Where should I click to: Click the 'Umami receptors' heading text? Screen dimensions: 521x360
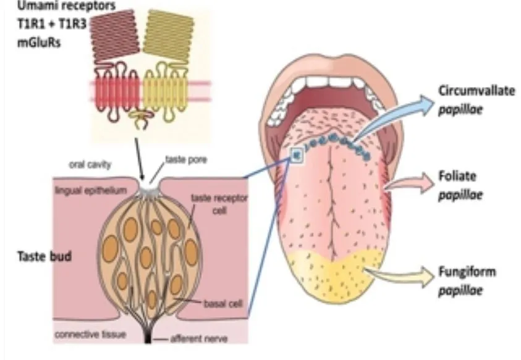(67, 6)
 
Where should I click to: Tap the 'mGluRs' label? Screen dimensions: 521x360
(39, 43)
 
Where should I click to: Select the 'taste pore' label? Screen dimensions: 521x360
(186, 160)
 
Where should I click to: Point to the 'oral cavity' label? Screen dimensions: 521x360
(90, 164)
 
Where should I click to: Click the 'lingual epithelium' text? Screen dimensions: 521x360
(91, 190)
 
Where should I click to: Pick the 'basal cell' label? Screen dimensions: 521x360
(223, 304)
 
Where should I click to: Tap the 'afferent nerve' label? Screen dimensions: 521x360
(199, 339)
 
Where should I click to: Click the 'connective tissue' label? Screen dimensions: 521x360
(90, 335)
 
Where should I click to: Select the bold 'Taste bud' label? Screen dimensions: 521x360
(44, 256)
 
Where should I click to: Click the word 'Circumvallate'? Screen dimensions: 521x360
(477, 91)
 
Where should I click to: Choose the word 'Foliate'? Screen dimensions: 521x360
(457, 176)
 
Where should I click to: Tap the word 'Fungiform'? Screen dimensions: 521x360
(467, 272)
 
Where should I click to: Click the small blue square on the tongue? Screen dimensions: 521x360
(297, 155)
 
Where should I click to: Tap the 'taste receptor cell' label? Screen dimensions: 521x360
(219, 204)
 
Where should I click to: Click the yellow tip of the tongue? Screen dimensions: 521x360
(336, 276)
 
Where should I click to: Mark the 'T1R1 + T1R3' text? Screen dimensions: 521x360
(52, 24)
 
